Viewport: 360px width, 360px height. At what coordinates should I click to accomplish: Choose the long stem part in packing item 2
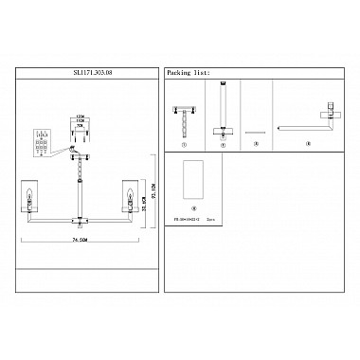(x=223, y=109)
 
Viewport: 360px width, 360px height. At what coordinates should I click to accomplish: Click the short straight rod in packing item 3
(x=250, y=133)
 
